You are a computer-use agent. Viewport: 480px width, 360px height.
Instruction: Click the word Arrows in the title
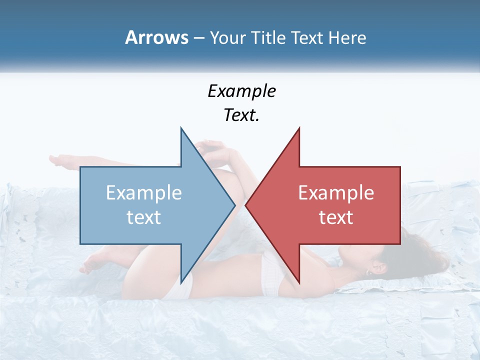(x=157, y=38)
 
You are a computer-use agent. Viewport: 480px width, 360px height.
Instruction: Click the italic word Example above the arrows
(x=241, y=91)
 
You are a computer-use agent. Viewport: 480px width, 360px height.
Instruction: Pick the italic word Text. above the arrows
(x=241, y=115)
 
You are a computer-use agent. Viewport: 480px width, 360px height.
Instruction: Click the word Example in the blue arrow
(x=144, y=193)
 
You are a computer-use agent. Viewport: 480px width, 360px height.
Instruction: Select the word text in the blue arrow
(x=144, y=217)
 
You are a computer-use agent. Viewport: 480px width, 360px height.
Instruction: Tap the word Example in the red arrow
(x=336, y=193)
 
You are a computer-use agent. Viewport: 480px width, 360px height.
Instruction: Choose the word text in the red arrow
(x=336, y=217)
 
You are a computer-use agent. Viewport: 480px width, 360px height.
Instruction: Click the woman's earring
(x=368, y=272)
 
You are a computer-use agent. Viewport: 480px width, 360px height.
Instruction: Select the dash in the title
(x=198, y=38)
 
